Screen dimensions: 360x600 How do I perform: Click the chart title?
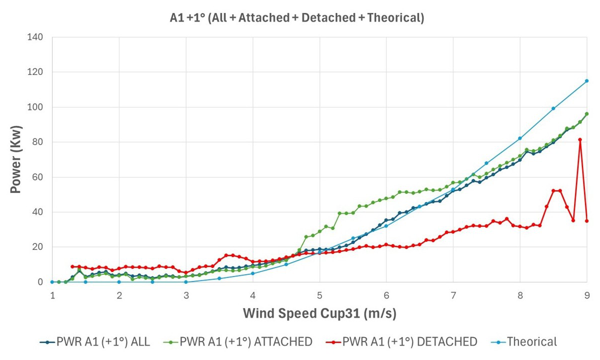[297, 18]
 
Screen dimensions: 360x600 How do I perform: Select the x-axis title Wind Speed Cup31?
[319, 313]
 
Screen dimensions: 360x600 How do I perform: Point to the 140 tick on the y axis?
[35, 37]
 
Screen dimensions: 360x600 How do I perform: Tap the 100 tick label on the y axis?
[35, 107]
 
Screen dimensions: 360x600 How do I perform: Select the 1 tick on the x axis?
[52, 295]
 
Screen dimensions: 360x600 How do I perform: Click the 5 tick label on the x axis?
[319, 295]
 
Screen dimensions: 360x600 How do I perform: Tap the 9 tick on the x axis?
[586, 295]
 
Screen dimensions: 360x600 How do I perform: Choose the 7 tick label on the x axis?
[453, 295]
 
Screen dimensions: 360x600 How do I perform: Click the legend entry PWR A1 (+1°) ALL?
[95, 342]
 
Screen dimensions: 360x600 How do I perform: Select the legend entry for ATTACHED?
[239, 342]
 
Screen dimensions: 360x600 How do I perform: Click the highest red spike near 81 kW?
[580, 139]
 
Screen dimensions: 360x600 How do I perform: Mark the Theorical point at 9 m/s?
[586, 80]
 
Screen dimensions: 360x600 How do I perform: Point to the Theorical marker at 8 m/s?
[520, 138]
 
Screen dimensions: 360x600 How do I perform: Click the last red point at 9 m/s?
[586, 220]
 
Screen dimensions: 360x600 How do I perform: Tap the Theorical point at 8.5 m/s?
[553, 108]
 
